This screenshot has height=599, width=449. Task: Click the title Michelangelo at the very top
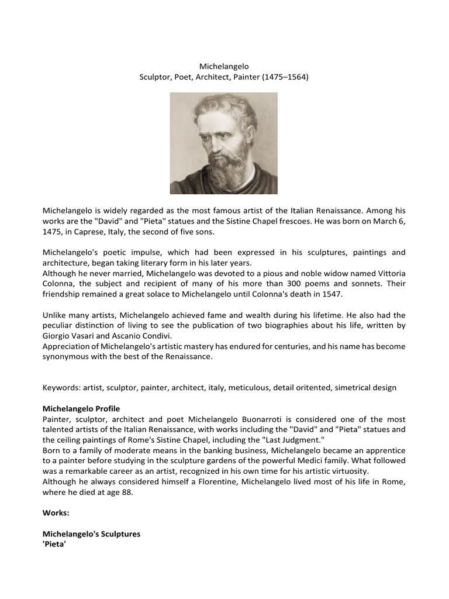224,67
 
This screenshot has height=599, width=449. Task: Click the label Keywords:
61,388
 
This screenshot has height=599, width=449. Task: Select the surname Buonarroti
263,419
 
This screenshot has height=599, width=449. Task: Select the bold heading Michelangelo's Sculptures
91,534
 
